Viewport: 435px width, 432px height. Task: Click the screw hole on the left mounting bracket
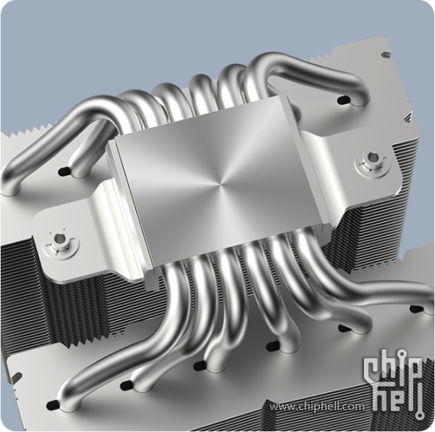(59, 237)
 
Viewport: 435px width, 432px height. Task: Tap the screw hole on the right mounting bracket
(371, 157)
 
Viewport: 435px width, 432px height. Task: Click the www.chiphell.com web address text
(317, 407)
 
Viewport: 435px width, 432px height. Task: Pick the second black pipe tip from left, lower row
(127, 384)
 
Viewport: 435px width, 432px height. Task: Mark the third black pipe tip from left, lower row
(199, 365)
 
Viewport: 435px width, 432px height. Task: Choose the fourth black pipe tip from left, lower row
(272, 346)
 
